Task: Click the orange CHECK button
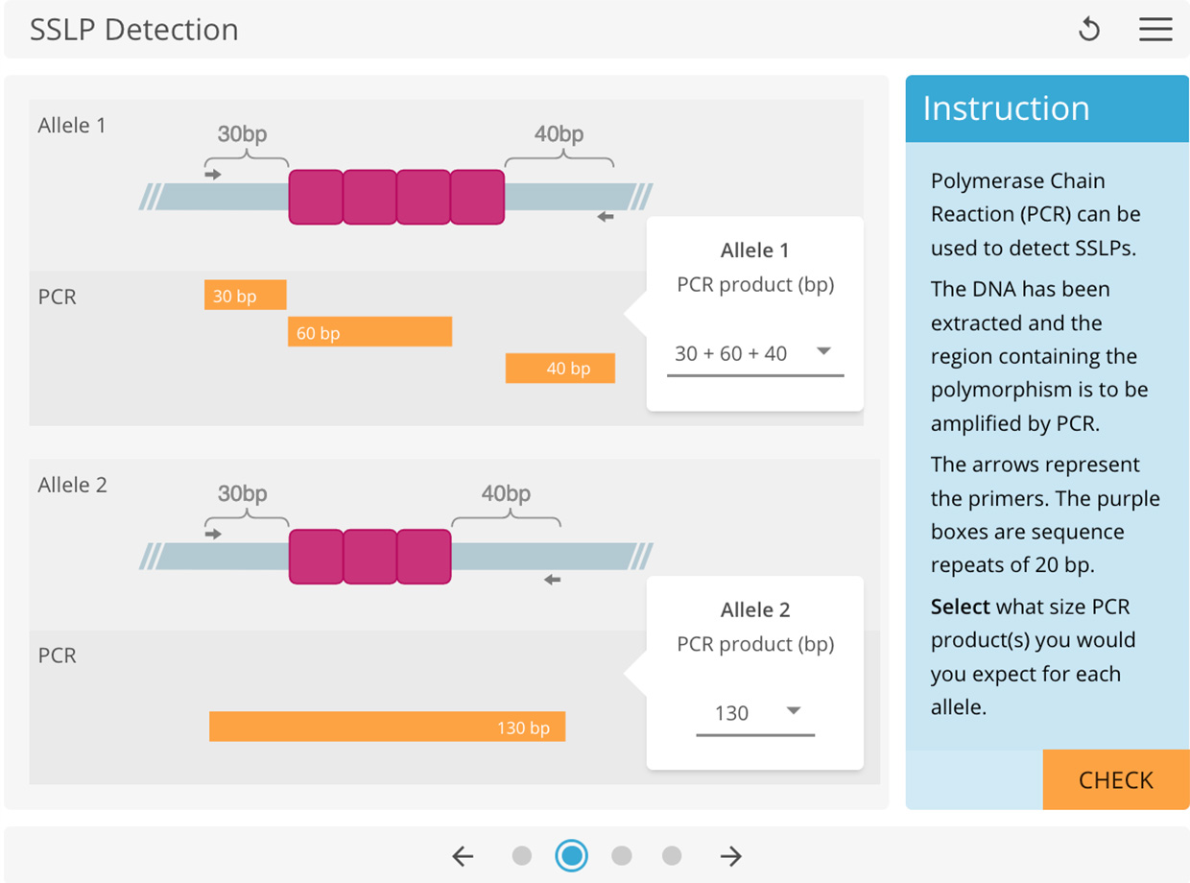point(1115,779)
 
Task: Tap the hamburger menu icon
point(1155,29)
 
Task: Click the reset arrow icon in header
point(1089,29)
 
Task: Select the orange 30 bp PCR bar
point(245,296)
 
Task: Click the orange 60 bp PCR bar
point(369,332)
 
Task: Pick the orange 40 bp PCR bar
point(559,368)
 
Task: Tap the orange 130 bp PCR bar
point(387,727)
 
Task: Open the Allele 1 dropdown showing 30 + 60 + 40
point(754,353)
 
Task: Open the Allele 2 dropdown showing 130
point(754,712)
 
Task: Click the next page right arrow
point(731,855)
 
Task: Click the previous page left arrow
point(464,855)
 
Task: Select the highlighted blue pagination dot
point(572,855)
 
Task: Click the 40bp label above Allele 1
point(559,134)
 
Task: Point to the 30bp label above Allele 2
point(242,494)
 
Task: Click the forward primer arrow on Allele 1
point(213,174)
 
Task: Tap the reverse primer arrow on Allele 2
point(552,580)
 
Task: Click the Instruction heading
point(1006,108)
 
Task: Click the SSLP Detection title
point(134,30)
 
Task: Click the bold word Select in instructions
point(960,607)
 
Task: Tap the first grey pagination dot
point(522,855)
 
